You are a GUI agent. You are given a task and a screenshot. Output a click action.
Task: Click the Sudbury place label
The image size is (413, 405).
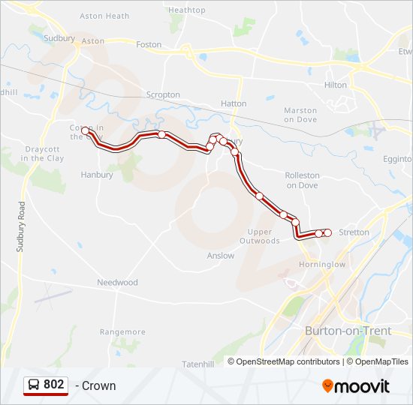[59, 38]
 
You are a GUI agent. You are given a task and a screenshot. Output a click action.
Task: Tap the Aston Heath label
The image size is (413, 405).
[104, 16]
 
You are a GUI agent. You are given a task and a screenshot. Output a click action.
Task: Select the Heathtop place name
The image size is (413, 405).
[187, 10]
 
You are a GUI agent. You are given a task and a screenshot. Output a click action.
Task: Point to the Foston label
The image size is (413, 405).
[149, 45]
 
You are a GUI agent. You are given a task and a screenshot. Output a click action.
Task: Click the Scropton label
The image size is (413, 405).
[163, 95]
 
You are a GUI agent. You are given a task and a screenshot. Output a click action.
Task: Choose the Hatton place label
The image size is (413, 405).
[234, 103]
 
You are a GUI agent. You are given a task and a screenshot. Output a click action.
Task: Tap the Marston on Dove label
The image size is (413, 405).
[300, 115]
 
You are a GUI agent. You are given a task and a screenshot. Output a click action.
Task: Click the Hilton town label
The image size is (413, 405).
[336, 85]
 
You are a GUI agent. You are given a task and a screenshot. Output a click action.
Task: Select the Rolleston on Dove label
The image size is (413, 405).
[302, 180]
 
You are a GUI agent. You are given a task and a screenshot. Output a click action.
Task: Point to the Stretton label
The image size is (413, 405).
[354, 232]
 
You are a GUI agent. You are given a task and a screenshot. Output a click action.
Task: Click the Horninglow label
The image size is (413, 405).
[322, 265]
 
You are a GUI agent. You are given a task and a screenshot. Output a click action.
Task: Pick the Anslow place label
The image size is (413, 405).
[221, 256]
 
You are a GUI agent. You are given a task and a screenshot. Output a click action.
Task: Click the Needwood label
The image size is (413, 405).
[118, 283]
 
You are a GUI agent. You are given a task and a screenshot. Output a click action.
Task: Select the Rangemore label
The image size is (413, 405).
[122, 332]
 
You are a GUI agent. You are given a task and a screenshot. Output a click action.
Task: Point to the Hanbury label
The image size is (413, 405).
[97, 175]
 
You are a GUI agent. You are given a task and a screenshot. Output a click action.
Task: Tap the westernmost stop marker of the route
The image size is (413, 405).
[86, 131]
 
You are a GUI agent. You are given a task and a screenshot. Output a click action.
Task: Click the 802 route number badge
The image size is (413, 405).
[46, 385]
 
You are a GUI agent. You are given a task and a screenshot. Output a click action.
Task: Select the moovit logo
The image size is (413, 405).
[356, 386]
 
